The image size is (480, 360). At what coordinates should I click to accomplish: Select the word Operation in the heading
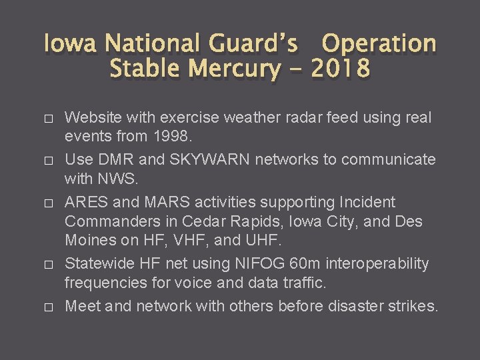click(x=379, y=44)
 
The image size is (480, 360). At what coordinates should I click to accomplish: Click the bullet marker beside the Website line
click(x=47, y=119)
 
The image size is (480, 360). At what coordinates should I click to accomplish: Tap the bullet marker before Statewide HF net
click(x=47, y=264)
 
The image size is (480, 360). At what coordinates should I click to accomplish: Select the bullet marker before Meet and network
click(x=47, y=307)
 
